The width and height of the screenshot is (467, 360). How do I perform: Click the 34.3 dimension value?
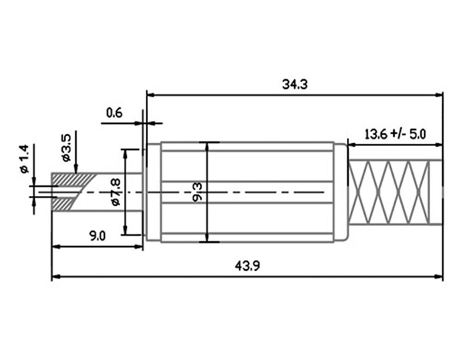(294, 85)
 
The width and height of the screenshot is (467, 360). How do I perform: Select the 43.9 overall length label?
(247, 265)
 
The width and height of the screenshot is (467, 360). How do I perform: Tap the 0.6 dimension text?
(115, 113)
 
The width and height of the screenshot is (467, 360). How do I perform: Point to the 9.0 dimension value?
(97, 235)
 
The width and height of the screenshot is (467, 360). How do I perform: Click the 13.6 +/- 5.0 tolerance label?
(395, 133)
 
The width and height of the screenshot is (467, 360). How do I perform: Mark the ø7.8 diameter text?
(114, 192)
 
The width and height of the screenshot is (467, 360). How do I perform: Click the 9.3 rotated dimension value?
(198, 192)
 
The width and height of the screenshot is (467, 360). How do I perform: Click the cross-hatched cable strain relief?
(394, 193)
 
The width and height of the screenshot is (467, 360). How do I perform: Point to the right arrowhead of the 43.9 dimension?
(439, 276)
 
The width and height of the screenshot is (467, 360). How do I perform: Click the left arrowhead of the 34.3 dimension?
(150, 95)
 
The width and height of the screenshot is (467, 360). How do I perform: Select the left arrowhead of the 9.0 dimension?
(55, 247)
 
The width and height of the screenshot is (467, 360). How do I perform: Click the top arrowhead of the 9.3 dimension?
(209, 146)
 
